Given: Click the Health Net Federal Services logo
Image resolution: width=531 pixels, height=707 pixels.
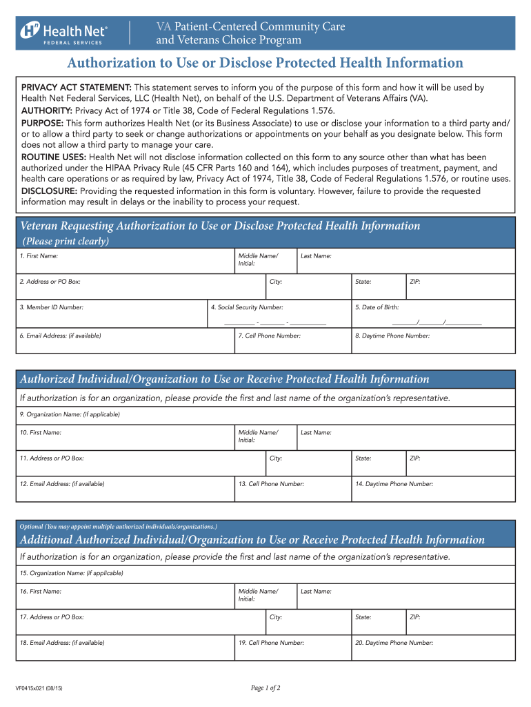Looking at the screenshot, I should [x=63, y=33].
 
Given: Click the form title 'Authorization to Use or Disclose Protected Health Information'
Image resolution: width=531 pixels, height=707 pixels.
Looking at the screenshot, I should [x=265, y=64].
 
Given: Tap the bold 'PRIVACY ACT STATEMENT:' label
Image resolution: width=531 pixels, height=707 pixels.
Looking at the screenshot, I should [x=77, y=88].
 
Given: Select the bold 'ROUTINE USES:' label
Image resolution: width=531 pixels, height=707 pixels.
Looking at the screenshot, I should [x=54, y=157].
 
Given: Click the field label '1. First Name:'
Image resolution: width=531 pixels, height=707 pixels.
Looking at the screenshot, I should [x=39, y=256].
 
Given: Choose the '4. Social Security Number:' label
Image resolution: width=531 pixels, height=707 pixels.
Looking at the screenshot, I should [x=246, y=307].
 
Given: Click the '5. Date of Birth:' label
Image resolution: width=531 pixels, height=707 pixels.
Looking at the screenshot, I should [x=377, y=307].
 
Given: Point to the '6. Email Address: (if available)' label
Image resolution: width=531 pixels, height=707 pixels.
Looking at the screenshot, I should [x=60, y=336].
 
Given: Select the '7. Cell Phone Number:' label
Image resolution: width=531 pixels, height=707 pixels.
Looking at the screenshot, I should [x=269, y=336].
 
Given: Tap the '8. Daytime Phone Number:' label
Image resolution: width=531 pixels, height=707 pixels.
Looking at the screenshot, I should [x=392, y=336].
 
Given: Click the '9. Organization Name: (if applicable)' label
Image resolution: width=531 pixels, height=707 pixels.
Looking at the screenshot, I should [x=70, y=414].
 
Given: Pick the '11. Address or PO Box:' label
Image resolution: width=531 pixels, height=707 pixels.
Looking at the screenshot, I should [x=52, y=458].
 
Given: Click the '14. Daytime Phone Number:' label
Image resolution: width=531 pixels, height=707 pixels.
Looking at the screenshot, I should [x=394, y=484].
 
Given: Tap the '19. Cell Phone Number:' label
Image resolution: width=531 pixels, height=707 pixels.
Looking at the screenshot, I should [x=271, y=643].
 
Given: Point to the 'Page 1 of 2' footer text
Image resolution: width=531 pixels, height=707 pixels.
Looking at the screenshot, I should [x=265, y=688].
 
